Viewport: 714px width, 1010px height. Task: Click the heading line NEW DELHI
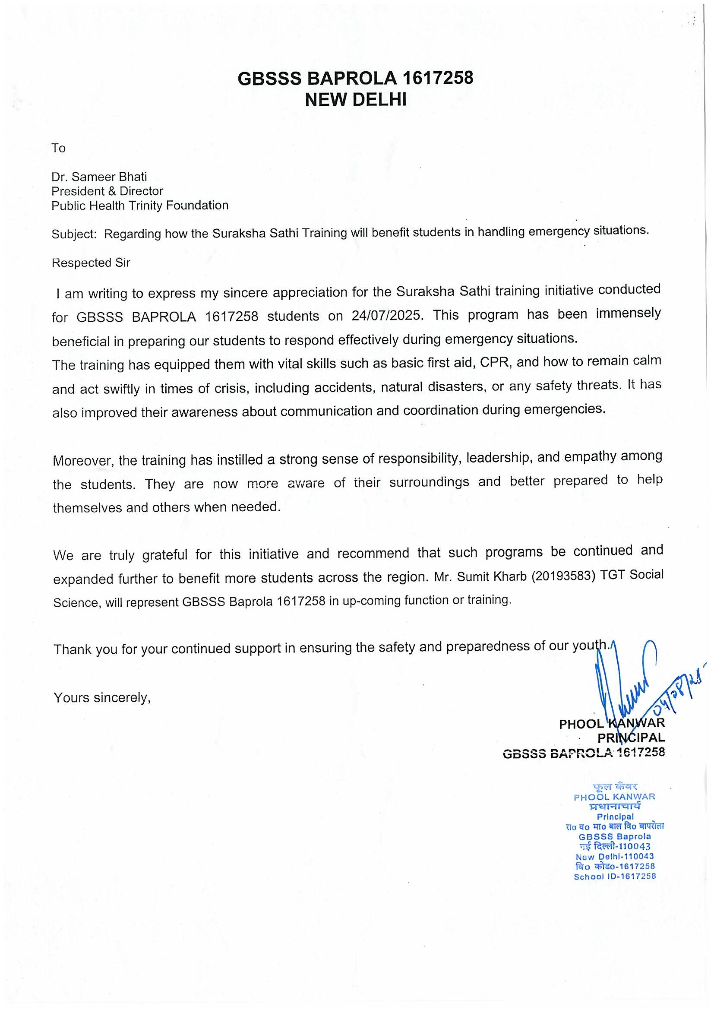(356, 100)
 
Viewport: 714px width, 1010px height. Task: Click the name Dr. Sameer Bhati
(99, 177)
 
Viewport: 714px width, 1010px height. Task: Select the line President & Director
(107, 191)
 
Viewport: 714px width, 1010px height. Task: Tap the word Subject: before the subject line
(74, 234)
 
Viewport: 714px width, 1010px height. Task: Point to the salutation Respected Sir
(91, 263)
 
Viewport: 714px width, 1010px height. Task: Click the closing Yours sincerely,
(102, 698)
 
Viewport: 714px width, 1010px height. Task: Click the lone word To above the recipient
(58, 148)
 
